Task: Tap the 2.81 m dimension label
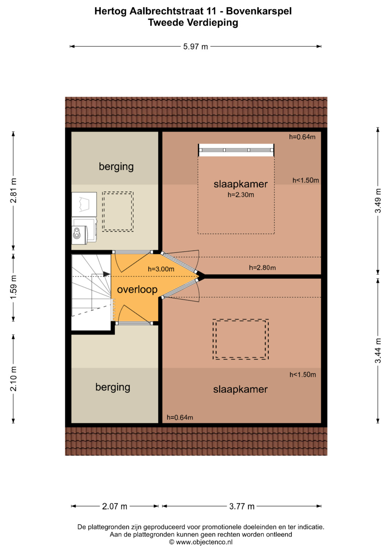(13, 190)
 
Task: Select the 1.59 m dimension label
(13, 287)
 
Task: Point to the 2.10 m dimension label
(13, 379)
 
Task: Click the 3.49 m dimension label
(378, 201)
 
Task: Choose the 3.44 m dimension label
(378, 351)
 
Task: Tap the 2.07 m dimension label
(114, 506)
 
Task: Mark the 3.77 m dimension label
(242, 506)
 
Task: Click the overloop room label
(137, 289)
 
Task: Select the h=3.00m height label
(161, 269)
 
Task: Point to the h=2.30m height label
(241, 195)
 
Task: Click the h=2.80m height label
(262, 268)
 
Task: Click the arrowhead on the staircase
(107, 274)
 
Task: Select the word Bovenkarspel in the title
(259, 11)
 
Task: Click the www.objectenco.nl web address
(204, 542)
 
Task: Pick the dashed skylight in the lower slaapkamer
(241, 339)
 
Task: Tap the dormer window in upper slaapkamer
(236, 150)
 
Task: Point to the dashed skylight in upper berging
(118, 211)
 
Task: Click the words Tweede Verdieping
(193, 23)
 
